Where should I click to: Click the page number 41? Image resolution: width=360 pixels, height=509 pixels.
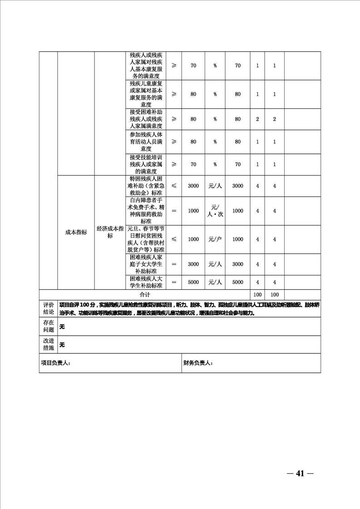[x=300, y=473]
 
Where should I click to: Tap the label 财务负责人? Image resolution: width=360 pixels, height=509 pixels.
[x=198, y=363]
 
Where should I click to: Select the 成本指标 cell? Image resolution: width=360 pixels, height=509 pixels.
[x=76, y=232]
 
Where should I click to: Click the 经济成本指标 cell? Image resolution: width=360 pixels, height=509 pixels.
[x=110, y=232]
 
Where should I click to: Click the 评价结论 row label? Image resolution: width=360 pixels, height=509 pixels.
[x=48, y=308]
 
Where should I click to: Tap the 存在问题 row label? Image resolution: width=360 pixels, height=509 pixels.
[x=48, y=326]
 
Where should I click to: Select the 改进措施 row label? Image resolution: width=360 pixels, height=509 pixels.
[x=48, y=344]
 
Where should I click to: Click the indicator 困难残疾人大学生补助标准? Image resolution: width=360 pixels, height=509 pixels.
[x=146, y=282]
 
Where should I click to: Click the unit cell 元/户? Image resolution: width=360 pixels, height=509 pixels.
[x=215, y=239]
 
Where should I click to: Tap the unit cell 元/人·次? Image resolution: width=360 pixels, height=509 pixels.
[x=215, y=211]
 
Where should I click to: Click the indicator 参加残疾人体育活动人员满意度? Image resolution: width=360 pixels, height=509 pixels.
[x=146, y=142]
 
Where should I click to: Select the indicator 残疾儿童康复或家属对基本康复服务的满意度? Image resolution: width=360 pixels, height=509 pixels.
[x=146, y=94]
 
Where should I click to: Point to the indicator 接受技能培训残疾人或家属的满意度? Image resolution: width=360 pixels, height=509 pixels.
[x=146, y=164]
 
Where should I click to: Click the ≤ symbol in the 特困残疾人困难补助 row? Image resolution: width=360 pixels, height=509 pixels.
[x=174, y=186]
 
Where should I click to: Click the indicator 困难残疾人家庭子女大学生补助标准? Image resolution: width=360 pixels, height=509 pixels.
[x=146, y=264]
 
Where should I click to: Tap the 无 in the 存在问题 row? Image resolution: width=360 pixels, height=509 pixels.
[x=62, y=327]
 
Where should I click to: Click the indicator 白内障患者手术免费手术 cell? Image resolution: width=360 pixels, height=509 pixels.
[x=146, y=210]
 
